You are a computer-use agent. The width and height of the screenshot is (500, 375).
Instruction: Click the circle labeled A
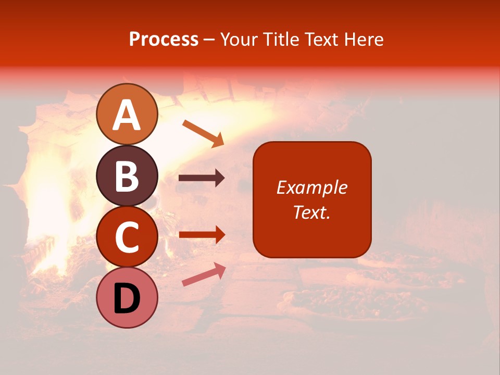coord(127,114)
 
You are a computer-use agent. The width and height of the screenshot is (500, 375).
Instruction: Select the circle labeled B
coord(127,176)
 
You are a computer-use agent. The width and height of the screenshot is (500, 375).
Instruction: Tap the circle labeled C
coord(127,236)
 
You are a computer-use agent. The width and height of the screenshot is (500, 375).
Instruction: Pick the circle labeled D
coord(127,298)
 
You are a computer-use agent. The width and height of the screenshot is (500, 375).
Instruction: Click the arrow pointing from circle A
coord(203,133)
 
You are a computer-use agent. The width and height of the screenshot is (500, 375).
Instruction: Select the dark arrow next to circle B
coord(202,178)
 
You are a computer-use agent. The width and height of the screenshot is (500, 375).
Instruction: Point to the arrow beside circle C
coord(202,234)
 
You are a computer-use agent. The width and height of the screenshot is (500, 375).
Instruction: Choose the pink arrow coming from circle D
coord(204,274)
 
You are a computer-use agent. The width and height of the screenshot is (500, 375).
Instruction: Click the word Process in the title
coord(164,39)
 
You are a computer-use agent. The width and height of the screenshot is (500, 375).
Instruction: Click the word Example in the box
coord(311,187)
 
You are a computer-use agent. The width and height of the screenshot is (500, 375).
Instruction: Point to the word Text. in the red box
coord(311,212)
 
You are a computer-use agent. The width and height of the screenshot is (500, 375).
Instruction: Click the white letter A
coord(127,115)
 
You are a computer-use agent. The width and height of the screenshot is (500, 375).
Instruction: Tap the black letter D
coord(127,299)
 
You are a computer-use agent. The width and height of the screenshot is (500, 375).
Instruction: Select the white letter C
coord(127,238)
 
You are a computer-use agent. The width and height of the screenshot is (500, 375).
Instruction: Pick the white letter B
coord(127,177)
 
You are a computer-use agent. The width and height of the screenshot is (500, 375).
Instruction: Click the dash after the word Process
coord(209,40)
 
